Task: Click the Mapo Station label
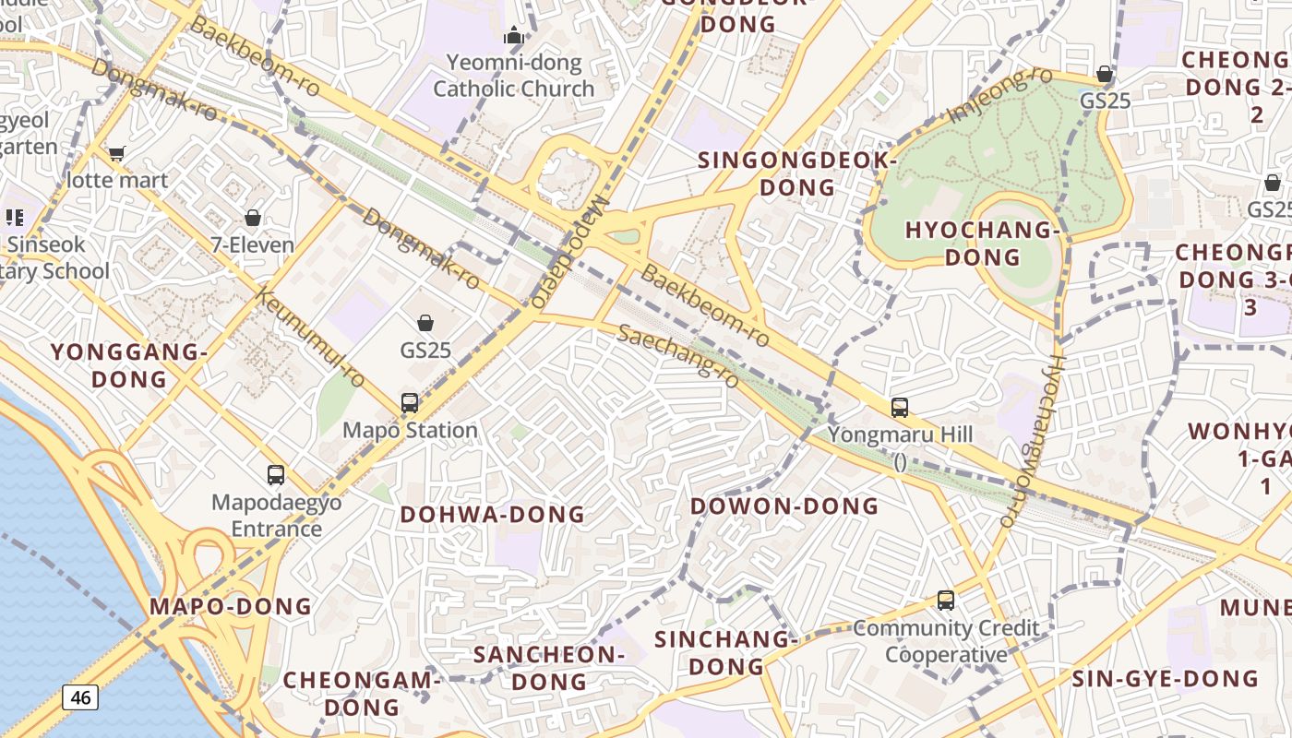[410, 430]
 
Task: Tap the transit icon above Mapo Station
[410, 403]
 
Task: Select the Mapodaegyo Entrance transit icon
[275, 475]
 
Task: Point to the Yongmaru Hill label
[900, 434]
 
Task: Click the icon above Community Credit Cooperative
[945, 601]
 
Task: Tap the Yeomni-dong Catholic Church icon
[513, 37]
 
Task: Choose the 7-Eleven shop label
[252, 244]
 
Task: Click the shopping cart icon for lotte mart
[116, 153]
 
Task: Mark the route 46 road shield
[80, 697]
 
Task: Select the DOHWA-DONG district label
[492, 514]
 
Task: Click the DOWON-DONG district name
[784, 506]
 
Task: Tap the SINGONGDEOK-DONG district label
[797, 173]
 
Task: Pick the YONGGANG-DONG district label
[128, 365]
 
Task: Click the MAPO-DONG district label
[231, 606]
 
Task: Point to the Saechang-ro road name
[678, 355]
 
